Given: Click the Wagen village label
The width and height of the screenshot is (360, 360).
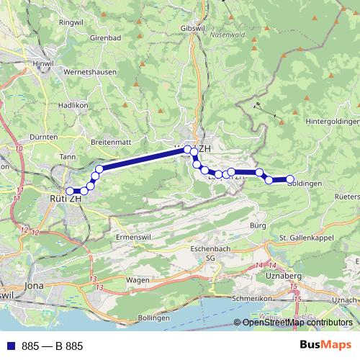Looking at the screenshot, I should pyautogui.click(x=137, y=279).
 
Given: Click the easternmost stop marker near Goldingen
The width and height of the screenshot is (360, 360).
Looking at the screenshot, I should pyautogui.click(x=290, y=179).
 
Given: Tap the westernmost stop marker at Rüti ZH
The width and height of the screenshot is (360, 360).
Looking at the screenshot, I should pyautogui.click(x=70, y=191).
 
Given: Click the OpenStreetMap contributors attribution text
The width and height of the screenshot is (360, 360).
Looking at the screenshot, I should pyautogui.click(x=297, y=323).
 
